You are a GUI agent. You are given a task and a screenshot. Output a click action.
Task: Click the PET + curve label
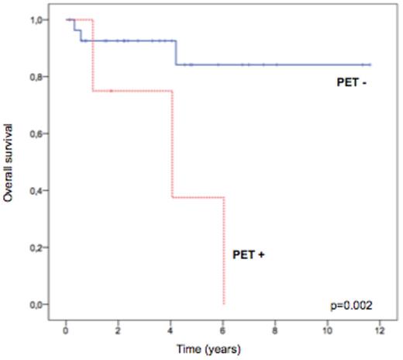(x=250, y=254)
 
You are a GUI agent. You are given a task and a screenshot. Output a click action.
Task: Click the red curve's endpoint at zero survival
(x=224, y=303)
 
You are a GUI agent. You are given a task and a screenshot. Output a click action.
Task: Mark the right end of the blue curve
(x=370, y=65)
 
